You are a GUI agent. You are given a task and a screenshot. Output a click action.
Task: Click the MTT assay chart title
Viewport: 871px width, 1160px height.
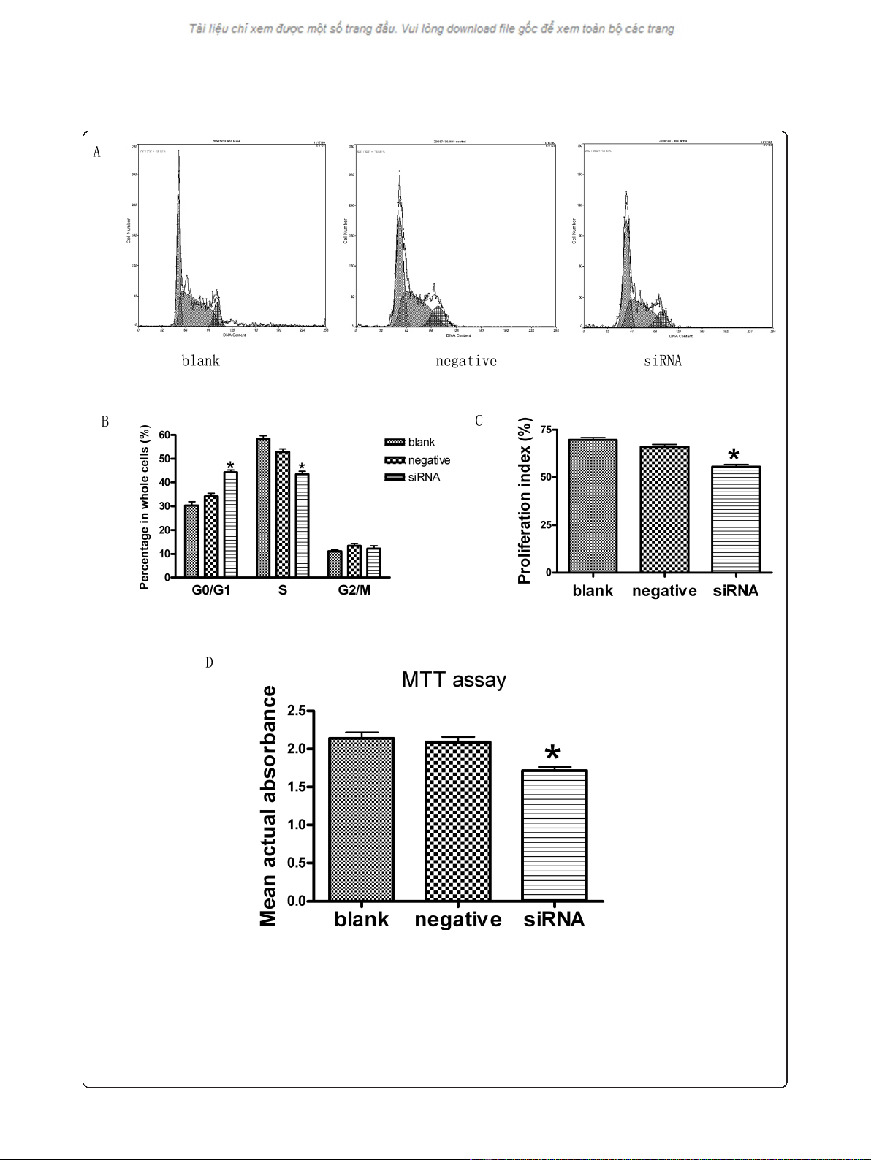[453, 680]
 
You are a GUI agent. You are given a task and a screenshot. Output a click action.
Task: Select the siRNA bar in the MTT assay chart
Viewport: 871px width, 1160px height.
[555, 835]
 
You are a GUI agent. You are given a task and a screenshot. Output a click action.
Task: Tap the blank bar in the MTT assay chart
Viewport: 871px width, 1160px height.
[362, 819]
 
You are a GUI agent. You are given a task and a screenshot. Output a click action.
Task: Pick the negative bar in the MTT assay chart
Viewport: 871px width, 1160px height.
[458, 821]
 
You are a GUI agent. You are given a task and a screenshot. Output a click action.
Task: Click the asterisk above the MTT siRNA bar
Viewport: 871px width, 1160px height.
[554, 755]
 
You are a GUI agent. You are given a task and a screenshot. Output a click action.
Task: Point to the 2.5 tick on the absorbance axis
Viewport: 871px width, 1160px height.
[296, 711]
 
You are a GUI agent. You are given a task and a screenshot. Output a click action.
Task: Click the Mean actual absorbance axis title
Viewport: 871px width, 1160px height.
[269, 806]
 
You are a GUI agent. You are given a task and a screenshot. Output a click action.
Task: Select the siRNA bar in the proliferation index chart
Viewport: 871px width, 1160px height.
[736, 519]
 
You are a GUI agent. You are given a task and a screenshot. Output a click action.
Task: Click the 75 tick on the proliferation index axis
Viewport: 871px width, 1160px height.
[545, 430]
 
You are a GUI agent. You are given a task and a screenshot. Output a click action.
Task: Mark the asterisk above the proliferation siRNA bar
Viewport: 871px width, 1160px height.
[734, 454]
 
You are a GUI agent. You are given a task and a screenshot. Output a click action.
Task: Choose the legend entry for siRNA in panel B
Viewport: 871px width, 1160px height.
[424, 478]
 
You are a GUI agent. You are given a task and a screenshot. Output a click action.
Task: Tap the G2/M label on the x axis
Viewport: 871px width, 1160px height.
[354, 590]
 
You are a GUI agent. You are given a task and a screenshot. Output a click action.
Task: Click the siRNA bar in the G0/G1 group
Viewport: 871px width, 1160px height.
[230, 524]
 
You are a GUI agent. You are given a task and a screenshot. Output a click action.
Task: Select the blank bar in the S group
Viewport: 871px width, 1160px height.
[263, 508]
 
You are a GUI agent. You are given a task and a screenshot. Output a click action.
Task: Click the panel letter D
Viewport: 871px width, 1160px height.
[209, 663]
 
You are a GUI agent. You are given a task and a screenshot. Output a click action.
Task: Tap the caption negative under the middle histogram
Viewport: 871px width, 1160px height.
[465, 361]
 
